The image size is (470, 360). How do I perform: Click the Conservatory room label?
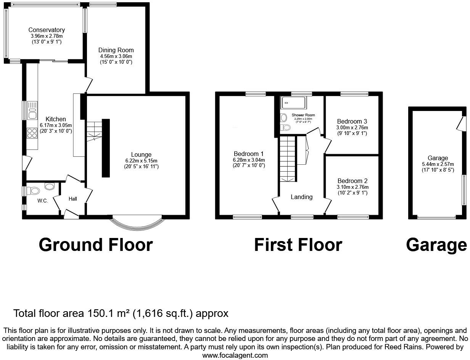pyautogui.click(x=47, y=30)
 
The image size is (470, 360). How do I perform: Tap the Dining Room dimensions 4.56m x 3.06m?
pyautogui.click(x=116, y=56)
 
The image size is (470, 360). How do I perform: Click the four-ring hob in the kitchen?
pyautogui.click(x=32, y=133)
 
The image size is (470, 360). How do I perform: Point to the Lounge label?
pyautogui.click(x=141, y=154)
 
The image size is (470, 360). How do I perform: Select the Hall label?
pyautogui.click(x=72, y=199)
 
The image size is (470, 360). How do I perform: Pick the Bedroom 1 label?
pyautogui.click(x=249, y=154)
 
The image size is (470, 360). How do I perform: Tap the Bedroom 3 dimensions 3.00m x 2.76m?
pyautogui.click(x=352, y=127)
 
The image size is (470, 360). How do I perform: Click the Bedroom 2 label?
pyautogui.click(x=352, y=181)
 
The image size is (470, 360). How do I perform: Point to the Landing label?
pyautogui.click(x=301, y=197)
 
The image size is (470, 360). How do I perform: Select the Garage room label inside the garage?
pyautogui.click(x=438, y=158)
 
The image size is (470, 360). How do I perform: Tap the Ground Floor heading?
pyautogui.click(x=96, y=244)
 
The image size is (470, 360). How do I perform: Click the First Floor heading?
pyautogui.click(x=298, y=244)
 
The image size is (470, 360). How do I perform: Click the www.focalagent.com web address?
pyautogui.click(x=235, y=355)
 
